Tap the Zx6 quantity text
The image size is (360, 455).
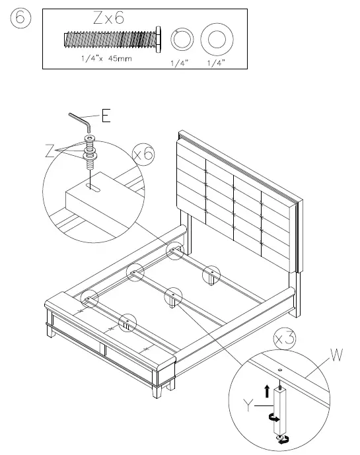click(x=109, y=20)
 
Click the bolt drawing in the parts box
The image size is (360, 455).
click(x=112, y=40)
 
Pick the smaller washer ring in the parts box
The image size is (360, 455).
click(x=180, y=40)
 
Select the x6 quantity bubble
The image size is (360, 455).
click(x=143, y=155)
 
